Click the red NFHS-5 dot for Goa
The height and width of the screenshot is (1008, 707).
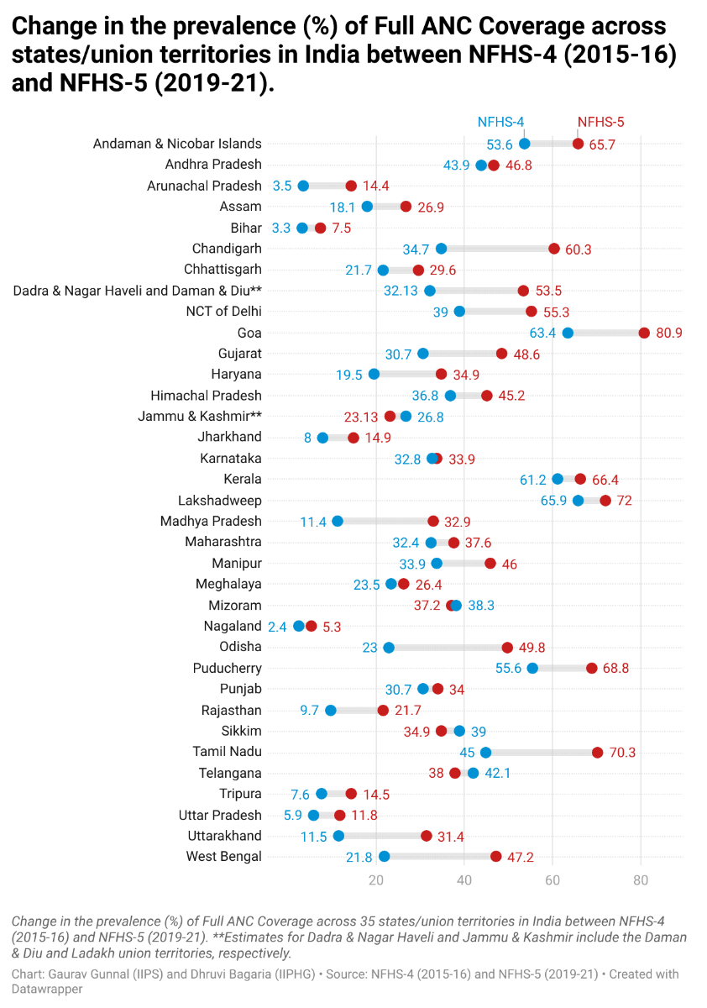pos(644,333)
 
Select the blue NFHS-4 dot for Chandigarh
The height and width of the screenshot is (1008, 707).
pos(442,249)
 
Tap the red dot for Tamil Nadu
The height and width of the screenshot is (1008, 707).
pos(597,753)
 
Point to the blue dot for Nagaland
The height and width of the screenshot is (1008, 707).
pos(299,626)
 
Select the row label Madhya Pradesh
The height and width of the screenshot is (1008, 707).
pos(211,522)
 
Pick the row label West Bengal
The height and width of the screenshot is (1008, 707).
pos(223,857)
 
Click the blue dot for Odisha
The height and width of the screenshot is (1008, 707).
pos(389,648)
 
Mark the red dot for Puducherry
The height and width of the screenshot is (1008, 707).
pos(592,669)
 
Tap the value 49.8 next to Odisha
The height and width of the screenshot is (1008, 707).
pos(530,648)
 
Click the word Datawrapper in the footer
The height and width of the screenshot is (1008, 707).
pos(41,989)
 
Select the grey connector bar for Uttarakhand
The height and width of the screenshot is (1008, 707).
pos(382,836)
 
